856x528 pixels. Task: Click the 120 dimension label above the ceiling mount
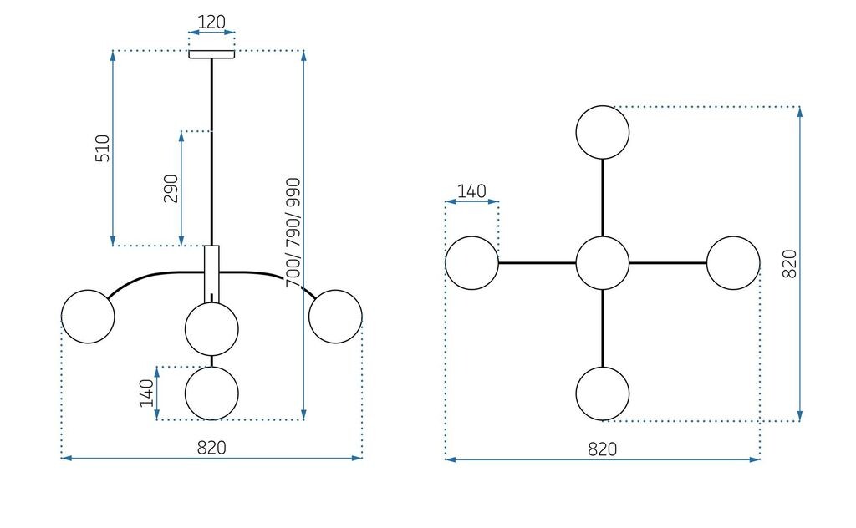click(211, 23)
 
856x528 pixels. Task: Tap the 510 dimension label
click(103, 148)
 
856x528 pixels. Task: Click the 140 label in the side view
click(146, 393)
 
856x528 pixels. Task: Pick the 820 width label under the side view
click(211, 447)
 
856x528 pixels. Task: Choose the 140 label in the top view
click(471, 191)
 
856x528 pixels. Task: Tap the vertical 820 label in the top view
click(789, 263)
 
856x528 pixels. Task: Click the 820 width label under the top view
click(602, 449)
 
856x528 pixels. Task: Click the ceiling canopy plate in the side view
click(211, 55)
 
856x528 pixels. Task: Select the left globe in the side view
click(88, 317)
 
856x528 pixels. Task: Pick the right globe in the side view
click(335, 317)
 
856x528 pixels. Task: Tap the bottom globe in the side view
click(211, 393)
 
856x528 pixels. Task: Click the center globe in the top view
click(602, 263)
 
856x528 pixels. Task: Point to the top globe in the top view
click(602, 132)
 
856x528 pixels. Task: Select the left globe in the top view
click(471, 263)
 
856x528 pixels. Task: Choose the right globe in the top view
click(733, 263)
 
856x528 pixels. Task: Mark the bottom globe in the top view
click(602, 393)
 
